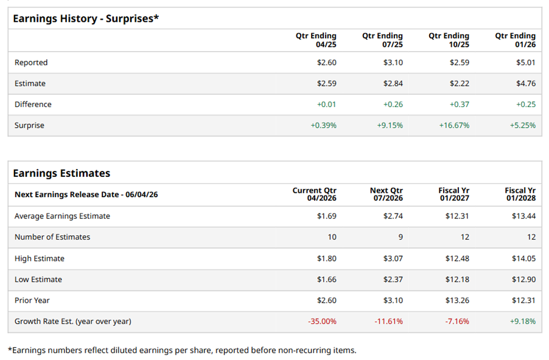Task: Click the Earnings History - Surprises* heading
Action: coord(86,18)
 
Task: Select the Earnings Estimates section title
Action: coord(61,173)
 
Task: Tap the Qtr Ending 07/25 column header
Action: coord(382,40)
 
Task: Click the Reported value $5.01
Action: coord(525,63)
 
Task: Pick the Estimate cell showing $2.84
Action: coord(393,84)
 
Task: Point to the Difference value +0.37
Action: coord(459,105)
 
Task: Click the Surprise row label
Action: coord(29,125)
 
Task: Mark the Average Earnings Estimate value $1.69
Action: coord(326,216)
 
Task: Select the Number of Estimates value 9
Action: coord(399,237)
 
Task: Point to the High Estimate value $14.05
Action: coord(523,258)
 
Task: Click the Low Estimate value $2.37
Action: coord(393,280)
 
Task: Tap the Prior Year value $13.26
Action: coord(457,300)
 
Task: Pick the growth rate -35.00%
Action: coord(322,321)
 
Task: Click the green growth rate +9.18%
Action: coord(522,321)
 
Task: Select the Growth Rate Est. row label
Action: coord(72,321)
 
